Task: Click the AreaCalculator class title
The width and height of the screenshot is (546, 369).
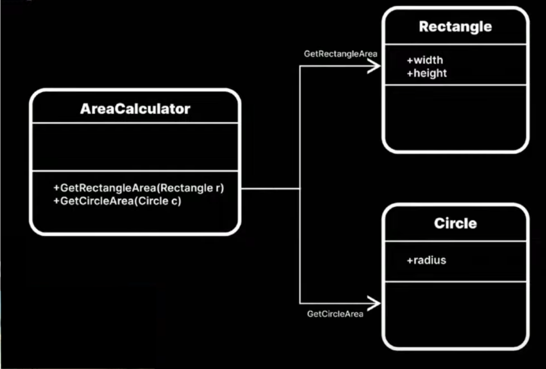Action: click(x=135, y=109)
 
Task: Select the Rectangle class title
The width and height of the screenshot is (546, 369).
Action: click(x=455, y=27)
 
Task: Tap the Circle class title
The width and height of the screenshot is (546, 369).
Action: click(x=455, y=223)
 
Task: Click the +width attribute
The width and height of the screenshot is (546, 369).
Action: click(x=425, y=60)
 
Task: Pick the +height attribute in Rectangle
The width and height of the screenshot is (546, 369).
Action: click(x=427, y=73)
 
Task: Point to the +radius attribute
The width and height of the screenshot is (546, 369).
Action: click(x=426, y=260)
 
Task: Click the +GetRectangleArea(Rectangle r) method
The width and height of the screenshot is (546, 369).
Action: click(x=139, y=188)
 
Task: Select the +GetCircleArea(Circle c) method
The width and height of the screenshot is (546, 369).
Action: click(x=117, y=201)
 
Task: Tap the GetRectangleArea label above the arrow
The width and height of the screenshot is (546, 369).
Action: click(x=341, y=54)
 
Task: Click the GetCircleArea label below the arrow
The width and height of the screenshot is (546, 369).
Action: click(x=335, y=314)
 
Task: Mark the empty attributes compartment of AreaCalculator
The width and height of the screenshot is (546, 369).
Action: click(x=135, y=147)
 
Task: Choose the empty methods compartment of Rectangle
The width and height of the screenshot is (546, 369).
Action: click(x=455, y=117)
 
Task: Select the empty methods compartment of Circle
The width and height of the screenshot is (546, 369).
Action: click(x=455, y=313)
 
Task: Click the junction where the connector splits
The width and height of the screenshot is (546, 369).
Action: click(x=300, y=188)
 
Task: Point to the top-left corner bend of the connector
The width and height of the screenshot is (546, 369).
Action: click(x=300, y=66)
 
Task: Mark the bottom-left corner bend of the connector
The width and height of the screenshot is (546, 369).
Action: click(x=300, y=303)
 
